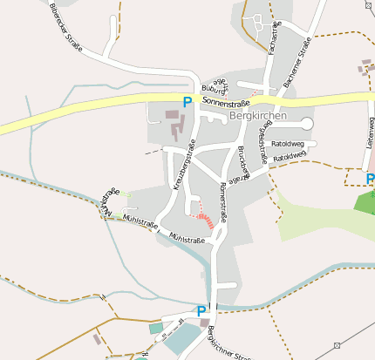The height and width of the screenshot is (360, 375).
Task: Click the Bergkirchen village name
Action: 257,115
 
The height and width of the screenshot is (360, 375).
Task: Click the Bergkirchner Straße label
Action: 228,343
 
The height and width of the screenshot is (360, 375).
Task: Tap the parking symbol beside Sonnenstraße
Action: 187,102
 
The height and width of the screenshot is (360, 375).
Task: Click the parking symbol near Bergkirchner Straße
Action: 201,311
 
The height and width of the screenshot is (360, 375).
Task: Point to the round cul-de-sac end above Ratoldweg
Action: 306,124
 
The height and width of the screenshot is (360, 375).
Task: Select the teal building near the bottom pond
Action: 156,328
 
